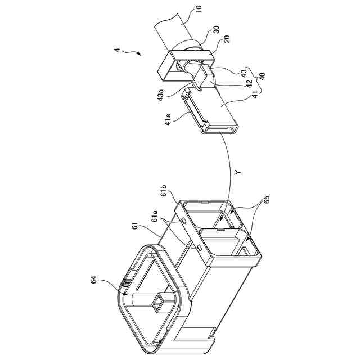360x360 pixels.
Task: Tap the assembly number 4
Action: pyautogui.click(x=117, y=51)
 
